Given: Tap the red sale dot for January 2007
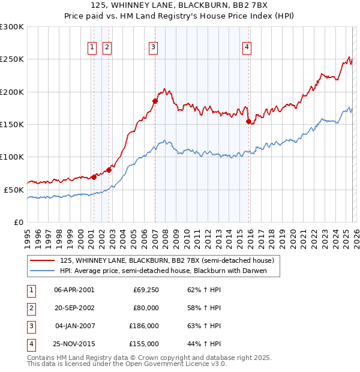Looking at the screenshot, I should (155, 101).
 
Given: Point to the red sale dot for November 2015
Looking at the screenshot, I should (248, 121).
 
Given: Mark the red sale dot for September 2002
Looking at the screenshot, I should (109, 170).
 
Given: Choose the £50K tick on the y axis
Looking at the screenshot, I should (14, 190).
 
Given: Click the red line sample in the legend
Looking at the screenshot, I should (43, 260).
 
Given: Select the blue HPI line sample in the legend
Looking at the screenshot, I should (43, 271).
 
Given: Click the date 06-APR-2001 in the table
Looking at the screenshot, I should (74, 290).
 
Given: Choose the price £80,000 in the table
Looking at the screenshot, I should (146, 308).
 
